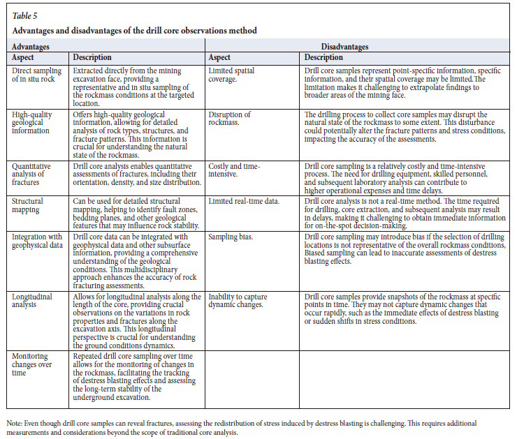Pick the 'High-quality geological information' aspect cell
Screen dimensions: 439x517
click(36, 121)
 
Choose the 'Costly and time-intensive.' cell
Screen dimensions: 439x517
click(234, 171)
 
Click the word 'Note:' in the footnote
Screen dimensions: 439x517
click(15, 424)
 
